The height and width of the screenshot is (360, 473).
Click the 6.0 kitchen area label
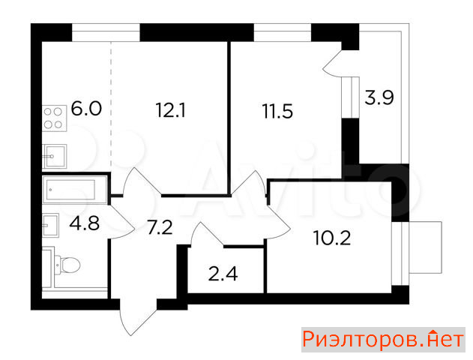click(86, 109)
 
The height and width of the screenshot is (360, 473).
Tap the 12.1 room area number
click(170, 109)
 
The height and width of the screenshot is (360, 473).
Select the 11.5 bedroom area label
click(277, 111)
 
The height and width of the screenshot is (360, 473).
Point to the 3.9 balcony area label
click(379, 97)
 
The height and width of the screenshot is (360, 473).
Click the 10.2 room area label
click(332, 238)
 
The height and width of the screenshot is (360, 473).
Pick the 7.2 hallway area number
click(160, 227)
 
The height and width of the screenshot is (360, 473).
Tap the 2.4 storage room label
click(223, 274)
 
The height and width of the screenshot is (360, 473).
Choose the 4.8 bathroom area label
click(84, 223)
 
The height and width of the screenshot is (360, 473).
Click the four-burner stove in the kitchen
click(54, 118)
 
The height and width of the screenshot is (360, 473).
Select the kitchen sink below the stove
click(55, 156)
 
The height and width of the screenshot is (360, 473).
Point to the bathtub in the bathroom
click(74, 190)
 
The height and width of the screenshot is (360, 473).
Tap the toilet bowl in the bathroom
click(67, 265)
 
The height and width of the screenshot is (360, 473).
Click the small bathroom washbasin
click(50, 225)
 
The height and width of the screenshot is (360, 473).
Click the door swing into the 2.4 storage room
click(207, 234)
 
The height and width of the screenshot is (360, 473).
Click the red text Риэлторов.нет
click(383, 340)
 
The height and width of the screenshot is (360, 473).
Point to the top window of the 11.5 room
click(283, 32)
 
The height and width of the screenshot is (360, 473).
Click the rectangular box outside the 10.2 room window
click(425, 247)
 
